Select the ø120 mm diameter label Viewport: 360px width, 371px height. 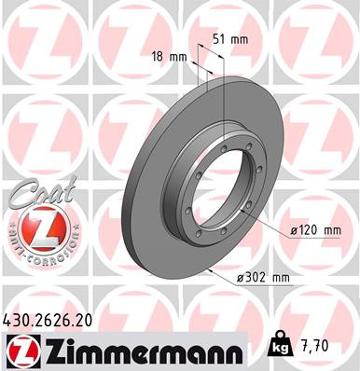(x=313, y=230)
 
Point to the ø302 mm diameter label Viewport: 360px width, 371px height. (x=266, y=277)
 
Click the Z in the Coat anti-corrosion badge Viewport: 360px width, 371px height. (x=34, y=227)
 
